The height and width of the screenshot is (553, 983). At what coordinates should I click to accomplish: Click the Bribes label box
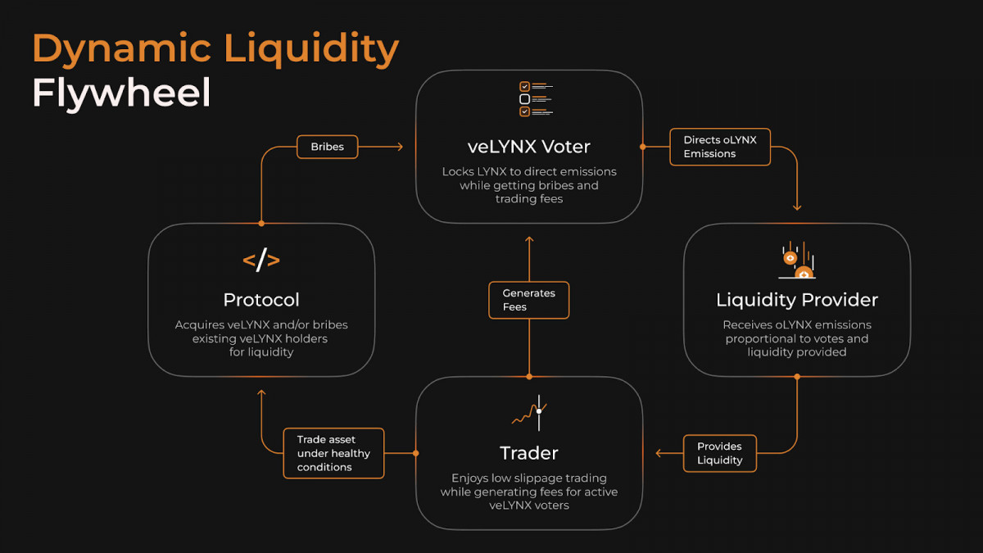[x=328, y=147]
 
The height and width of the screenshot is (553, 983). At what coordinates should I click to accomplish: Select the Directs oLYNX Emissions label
[x=720, y=147]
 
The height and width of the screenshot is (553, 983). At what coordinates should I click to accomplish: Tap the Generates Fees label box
[x=529, y=300]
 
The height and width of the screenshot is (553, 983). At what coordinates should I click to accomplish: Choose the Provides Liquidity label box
[x=720, y=453]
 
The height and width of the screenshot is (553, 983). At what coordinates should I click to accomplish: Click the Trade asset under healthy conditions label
[x=333, y=453]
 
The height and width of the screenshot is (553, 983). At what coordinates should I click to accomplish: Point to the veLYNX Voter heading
[x=529, y=147]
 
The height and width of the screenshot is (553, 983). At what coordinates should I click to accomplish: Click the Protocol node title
[x=261, y=300]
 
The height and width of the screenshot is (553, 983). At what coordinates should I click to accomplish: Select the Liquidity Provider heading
[x=797, y=300]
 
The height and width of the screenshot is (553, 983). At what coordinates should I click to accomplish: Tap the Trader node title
[x=529, y=453]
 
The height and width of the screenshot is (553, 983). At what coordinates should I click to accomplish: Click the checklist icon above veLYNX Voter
[x=536, y=99]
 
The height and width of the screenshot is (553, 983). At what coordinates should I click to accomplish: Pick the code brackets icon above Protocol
[x=261, y=260]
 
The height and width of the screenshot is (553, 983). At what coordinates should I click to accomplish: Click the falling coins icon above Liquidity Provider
[x=797, y=260]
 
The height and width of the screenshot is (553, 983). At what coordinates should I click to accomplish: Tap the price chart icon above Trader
[x=530, y=413]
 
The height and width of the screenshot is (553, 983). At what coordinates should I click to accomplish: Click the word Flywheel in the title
[x=121, y=94]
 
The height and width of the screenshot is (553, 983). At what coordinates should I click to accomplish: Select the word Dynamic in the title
[x=121, y=48]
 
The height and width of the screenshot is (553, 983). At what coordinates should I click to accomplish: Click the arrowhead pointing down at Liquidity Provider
[x=797, y=207]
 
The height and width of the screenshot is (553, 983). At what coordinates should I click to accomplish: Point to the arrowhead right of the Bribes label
[x=400, y=147]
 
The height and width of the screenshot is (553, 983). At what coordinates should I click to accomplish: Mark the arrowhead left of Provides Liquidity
[x=659, y=453]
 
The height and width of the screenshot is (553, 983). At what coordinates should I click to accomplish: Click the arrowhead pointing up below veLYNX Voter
[x=529, y=239]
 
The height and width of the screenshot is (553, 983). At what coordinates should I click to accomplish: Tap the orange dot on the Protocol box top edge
[x=261, y=224]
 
